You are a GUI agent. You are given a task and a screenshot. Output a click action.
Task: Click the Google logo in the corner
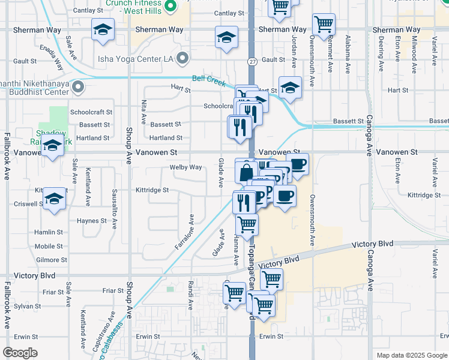click(20, 353)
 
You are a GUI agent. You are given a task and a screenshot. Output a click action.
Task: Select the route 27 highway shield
click(252, 61)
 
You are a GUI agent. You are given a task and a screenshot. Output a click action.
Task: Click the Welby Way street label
click(185, 167)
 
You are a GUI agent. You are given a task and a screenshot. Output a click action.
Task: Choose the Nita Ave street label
click(143, 112)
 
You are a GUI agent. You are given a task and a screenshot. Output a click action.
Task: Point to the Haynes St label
click(91, 221)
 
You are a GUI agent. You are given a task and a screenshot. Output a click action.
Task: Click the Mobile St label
click(49, 247)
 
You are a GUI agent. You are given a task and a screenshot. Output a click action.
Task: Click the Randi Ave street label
click(190, 290)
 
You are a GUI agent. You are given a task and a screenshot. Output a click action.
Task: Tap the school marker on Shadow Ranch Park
click(53, 145)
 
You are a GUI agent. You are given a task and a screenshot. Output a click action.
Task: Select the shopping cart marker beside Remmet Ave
click(324, 25)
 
